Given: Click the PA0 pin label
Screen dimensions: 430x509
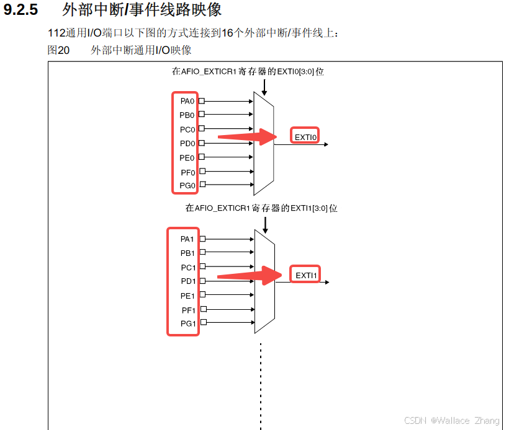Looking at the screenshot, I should pos(187,101).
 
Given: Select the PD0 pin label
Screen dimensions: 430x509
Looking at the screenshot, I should pos(187,143).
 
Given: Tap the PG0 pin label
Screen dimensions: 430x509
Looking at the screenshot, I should pos(187,185).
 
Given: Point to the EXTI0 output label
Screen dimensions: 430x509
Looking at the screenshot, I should pos(305,136).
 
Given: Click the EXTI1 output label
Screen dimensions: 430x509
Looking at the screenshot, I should pos(306,275).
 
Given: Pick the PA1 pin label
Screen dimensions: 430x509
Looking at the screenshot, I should pos(187,239).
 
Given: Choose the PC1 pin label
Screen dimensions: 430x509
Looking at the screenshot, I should pos(187,268).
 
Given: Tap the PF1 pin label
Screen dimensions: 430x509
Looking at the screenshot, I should pos(187,310).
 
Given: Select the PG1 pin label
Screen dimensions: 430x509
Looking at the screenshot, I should pos(187,323).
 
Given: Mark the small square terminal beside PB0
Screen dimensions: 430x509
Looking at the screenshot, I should pos(201,115).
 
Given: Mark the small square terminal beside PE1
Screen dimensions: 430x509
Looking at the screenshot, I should pos(202,296).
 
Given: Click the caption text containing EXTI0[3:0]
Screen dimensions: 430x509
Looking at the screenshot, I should pos(248,71).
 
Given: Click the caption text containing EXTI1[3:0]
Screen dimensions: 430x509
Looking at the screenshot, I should pos(261,208).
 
